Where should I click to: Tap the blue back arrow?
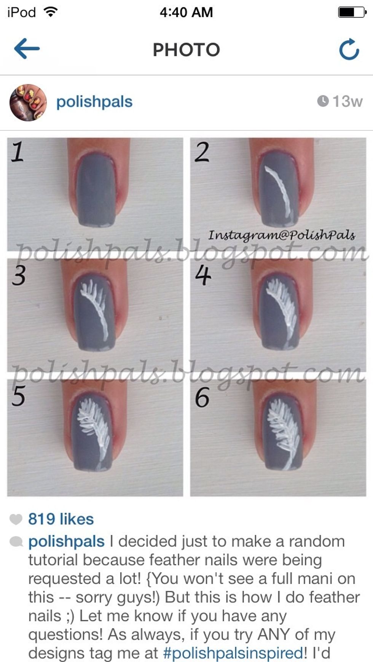point(27,48)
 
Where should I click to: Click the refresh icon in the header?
point(349,49)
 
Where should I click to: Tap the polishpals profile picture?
point(28,102)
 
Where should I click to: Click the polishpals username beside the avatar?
point(94,102)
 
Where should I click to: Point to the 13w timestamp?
point(340,101)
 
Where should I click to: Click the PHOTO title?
point(186,49)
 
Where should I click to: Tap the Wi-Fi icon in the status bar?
point(51,12)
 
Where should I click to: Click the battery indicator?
point(352,12)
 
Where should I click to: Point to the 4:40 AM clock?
point(186,12)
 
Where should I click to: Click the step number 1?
point(18,151)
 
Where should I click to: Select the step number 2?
point(202,152)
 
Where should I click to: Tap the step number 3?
point(19,275)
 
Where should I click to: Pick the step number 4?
point(203,275)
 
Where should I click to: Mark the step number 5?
point(18,396)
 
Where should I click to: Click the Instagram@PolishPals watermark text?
point(282,236)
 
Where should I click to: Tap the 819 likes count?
point(61,519)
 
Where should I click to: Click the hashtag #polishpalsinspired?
point(233,653)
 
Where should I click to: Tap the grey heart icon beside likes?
point(16,519)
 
